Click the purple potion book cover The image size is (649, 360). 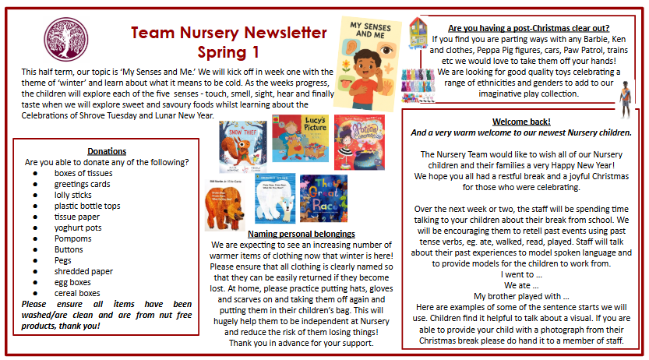[358, 142]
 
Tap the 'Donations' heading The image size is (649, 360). [106, 150]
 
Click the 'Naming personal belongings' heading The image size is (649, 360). [301, 233]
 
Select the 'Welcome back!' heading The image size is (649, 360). [521, 122]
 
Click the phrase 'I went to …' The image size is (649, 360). [521, 274]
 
